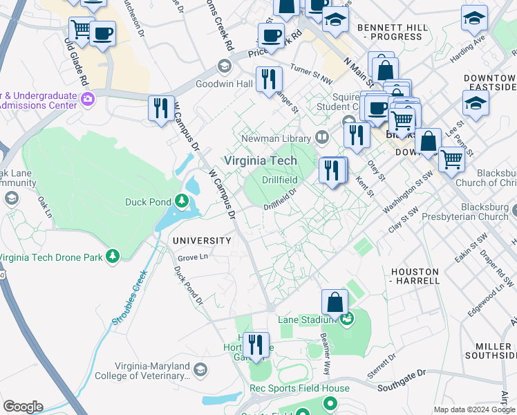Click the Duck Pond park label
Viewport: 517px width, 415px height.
(x=149, y=202)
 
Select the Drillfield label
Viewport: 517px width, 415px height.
(x=280, y=180)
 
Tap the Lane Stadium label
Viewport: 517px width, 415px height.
(x=306, y=320)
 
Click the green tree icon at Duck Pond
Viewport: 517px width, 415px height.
(x=182, y=201)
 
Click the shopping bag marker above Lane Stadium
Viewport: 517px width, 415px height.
(x=335, y=302)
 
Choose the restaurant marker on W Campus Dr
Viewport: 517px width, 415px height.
(x=162, y=109)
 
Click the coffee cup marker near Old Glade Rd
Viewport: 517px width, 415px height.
(x=102, y=34)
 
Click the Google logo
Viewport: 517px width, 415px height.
(x=23, y=407)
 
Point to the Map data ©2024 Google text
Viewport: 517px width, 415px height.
(x=472, y=409)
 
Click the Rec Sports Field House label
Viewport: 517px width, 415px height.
(x=304, y=388)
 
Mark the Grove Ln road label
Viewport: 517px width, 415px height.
(x=193, y=257)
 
